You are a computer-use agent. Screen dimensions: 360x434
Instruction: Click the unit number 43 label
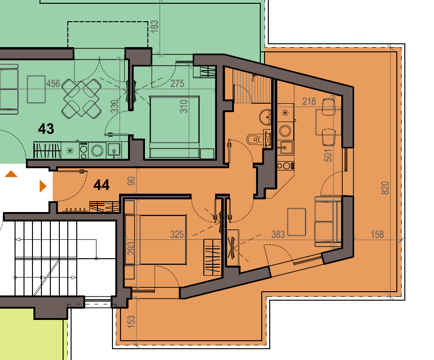[x=46, y=128]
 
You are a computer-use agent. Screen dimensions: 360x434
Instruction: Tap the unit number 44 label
[x=101, y=185]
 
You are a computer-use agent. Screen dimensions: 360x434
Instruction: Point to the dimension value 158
[x=377, y=234]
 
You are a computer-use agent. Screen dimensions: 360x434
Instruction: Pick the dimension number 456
[x=53, y=83]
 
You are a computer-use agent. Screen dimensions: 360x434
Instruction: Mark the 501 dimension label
[x=329, y=155]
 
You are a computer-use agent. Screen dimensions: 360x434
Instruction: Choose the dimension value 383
[x=278, y=234]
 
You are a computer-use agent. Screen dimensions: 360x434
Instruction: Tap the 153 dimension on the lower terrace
[x=132, y=321]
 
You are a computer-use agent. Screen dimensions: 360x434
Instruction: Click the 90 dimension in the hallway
[x=132, y=181]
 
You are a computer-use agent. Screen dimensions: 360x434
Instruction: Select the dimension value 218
[x=309, y=101]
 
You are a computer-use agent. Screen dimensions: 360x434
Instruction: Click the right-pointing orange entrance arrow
[x=43, y=186]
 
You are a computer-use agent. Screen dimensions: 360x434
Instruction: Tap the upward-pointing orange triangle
[x=11, y=174]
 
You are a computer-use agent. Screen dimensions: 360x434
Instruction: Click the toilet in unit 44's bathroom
[x=254, y=139]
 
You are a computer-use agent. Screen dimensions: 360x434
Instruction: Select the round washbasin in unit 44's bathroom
[x=265, y=116]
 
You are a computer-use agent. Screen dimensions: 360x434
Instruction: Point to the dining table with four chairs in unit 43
[x=81, y=98]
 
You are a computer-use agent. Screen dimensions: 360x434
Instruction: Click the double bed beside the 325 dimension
[x=162, y=239]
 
